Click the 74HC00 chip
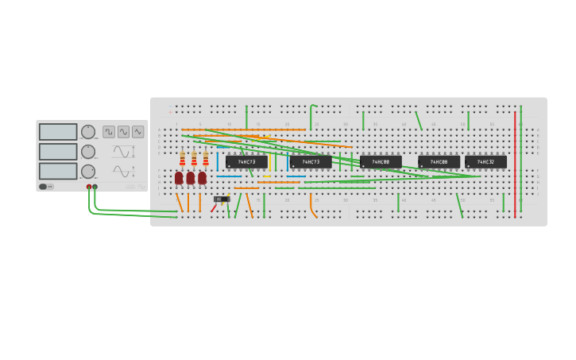pyautogui.click(x=381, y=162)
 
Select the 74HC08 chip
pyautogui.click(x=439, y=162)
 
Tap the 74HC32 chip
pyautogui.click(x=485, y=162)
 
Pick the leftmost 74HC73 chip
pyautogui.click(x=246, y=162)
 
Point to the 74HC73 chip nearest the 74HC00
pyautogui.click(x=311, y=162)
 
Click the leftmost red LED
pyautogui.click(x=179, y=178)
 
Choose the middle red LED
pyautogui.click(x=191, y=178)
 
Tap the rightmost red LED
pyautogui.click(x=202, y=178)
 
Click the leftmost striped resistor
pyautogui.click(x=182, y=159)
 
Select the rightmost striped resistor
pyautogui.click(x=205, y=159)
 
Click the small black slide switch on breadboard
pyautogui.click(x=221, y=199)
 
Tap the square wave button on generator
pyautogui.click(x=109, y=132)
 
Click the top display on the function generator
pyautogui.click(x=58, y=132)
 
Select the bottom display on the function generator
pyautogui.click(x=58, y=171)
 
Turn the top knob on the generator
pyautogui.click(x=88, y=132)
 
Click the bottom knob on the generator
pyautogui.click(x=88, y=171)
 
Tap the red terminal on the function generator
pyautogui.click(x=89, y=187)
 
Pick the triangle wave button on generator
pyautogui.click(x=137, y=132)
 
